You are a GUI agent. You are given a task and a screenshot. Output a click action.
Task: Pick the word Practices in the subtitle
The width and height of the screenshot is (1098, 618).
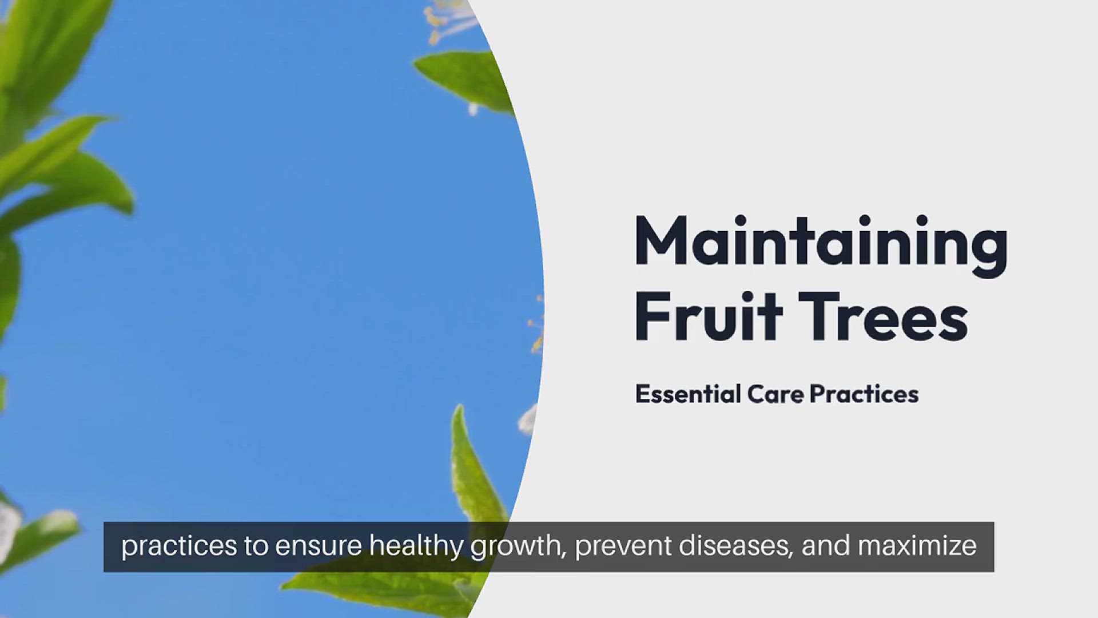(864, 394)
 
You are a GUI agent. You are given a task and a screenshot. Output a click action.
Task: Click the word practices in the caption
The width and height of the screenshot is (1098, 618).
(178, 546)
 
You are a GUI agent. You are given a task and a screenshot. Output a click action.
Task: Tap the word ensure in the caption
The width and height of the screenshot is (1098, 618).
(318, 547)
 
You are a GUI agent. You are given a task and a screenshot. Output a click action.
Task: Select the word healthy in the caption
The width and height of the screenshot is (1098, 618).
(416, 546)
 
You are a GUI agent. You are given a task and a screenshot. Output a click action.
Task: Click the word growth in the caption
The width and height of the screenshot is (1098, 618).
(518, 547)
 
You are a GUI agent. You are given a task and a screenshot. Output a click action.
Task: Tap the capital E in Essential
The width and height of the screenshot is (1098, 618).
(643, 394)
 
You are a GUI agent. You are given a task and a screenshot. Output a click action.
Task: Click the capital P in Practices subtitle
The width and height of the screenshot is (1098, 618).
(818, 394)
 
